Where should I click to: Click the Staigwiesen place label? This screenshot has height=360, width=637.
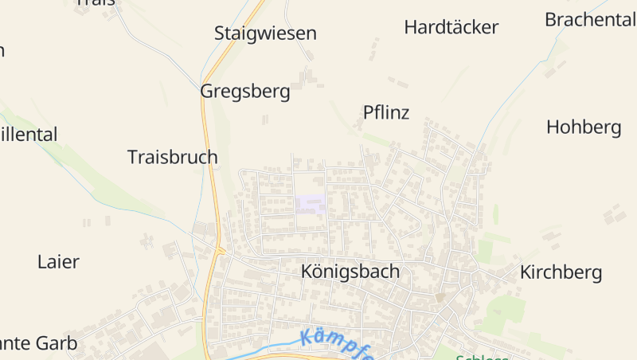click(265, 33)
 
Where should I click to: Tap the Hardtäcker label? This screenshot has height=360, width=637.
click(451, 27)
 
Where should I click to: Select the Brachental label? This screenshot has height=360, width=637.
click(590, 20)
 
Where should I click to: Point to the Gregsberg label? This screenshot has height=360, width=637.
click(244, 91)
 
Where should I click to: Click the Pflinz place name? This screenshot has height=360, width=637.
click(386, 112)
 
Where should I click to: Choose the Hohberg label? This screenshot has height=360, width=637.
click(584, 127)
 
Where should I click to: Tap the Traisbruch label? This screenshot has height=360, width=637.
click(172, 157)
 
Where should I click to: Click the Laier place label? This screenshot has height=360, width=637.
click(58, 261)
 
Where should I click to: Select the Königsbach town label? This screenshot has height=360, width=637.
click(350, 272)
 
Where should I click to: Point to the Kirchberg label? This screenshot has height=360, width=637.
click(561, 272)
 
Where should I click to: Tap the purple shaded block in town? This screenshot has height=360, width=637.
click(311, 203)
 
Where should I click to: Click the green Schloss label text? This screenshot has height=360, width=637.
click(483, 356)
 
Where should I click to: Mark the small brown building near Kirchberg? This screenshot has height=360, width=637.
click(440, 297)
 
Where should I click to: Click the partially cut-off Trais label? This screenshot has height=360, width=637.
click(96, 2)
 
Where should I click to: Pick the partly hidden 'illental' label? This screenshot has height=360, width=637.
click(29, 135)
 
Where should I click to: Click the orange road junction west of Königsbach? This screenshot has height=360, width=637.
click(221, 252)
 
